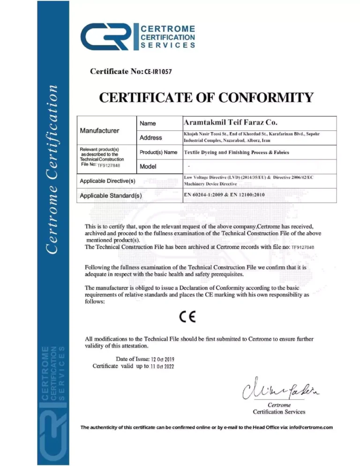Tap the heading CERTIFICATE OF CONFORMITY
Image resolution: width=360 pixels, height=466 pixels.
206,98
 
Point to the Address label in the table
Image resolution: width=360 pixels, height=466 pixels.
150,137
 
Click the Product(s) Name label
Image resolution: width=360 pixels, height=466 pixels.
158,152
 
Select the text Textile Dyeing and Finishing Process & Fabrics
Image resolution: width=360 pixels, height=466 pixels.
237,152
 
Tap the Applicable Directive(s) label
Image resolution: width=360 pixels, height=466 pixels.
107,180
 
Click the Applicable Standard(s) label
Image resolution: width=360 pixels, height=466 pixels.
111,195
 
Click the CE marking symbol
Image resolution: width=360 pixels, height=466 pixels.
187,316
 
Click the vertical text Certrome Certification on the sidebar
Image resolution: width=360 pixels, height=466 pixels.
52,169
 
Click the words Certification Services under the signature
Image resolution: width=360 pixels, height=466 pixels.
279,412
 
